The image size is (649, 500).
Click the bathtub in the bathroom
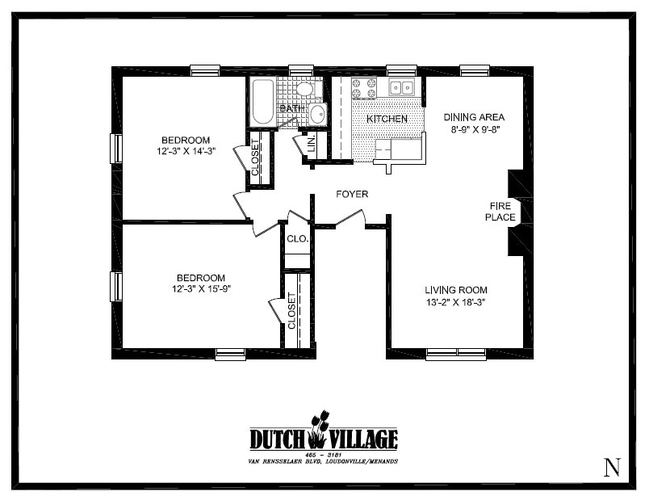262,103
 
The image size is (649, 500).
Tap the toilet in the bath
304,88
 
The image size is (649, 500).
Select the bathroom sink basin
316,114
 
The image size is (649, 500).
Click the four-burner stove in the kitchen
364,87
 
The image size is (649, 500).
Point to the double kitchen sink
400,87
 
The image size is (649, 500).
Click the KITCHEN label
387,119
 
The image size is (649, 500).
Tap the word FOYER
352,194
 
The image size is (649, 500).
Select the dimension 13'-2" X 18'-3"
456,303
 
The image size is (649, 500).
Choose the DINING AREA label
474,117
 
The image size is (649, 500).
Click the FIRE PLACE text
500,211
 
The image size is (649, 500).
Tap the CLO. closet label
296,239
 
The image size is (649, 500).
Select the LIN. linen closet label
310,145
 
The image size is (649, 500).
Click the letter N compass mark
612,466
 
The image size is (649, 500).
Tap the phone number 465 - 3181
322,455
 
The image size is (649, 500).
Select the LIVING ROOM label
456,290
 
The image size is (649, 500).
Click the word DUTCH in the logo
277,439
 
